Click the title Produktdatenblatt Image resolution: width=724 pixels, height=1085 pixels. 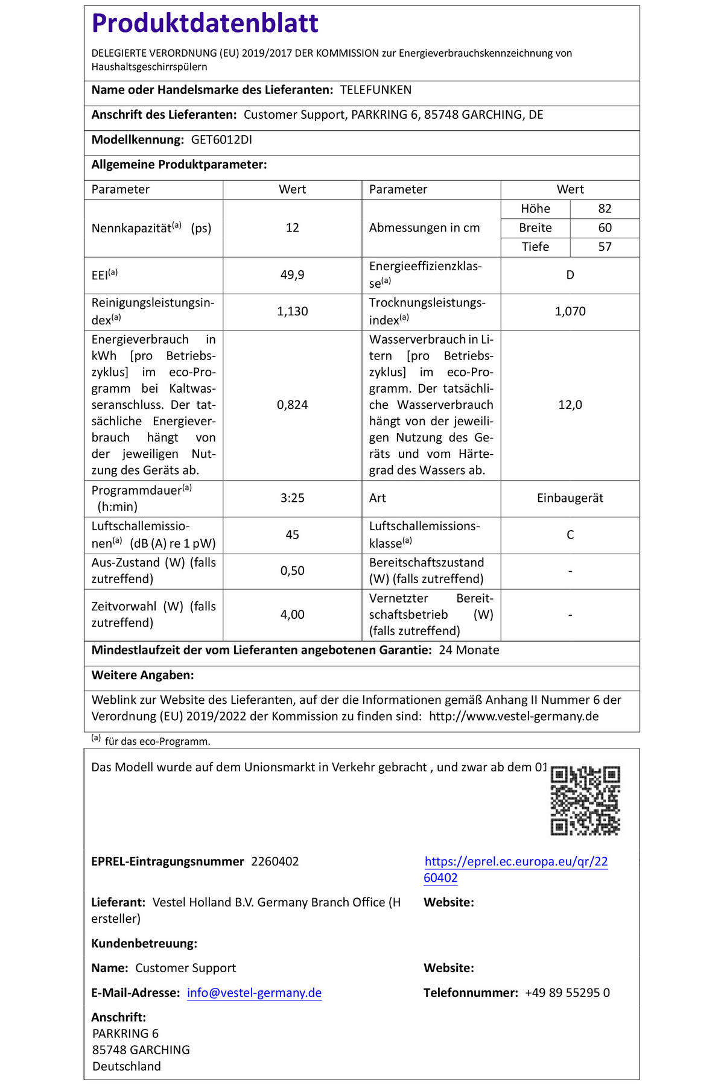point(205,24)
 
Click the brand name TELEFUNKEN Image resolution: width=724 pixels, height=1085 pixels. point(375,90)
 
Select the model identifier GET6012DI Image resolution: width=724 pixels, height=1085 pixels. point(221,140)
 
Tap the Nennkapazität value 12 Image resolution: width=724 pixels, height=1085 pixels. point(292,228)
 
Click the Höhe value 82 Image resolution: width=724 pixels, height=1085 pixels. point(605,209)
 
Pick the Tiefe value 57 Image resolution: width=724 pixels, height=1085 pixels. point(605,247)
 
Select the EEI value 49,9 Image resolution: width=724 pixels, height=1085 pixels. point(292,275)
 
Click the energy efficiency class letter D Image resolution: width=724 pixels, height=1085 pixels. point(570,275)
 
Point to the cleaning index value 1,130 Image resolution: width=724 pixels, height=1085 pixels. point(292,312)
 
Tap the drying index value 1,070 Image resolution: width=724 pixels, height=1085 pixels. point(570,312)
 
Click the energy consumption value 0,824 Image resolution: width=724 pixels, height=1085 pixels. point(292,405)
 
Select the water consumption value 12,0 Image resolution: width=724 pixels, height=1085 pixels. point(570,405)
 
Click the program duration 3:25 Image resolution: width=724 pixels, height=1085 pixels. point(292,498)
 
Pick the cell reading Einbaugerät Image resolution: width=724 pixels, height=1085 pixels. point(570,498)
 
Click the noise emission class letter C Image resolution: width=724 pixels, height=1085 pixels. point(570,535)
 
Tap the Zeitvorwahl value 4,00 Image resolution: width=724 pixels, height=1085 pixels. point(292,615)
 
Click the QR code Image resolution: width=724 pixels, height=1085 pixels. point(585,800)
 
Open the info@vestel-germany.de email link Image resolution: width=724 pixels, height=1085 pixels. point(254,993)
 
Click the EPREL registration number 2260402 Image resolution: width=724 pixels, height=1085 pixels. point(275,861)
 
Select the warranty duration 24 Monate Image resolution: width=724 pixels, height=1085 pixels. point(469,650)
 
